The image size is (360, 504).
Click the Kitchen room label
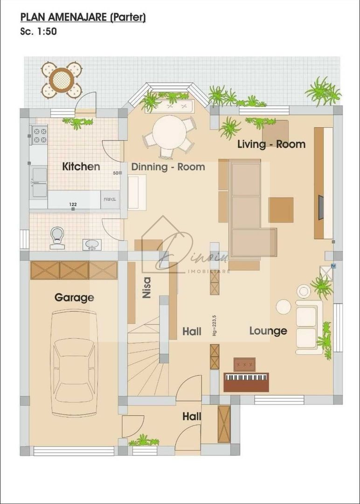tap(81, 166)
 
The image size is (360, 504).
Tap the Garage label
tap(74, 297)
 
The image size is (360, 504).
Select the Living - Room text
tap(271, 144)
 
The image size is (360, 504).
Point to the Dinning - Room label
tap(168, 167)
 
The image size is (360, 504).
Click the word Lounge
tap(268, 331)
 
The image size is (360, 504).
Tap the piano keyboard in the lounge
tap(246, 377)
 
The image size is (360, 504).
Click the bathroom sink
tap(92, 244)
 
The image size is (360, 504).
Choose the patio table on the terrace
tap(62, 80)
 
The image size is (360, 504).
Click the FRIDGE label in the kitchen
tap(110, 199)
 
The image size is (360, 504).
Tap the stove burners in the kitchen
tap(39, 135)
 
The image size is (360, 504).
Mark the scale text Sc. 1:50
tap(39, 32)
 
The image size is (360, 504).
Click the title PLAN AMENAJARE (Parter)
tap(83, 18)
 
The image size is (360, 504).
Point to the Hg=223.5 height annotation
tap(214, 325)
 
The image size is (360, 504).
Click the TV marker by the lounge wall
tap(333, 266)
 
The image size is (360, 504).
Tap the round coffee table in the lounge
tap(284, 307)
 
